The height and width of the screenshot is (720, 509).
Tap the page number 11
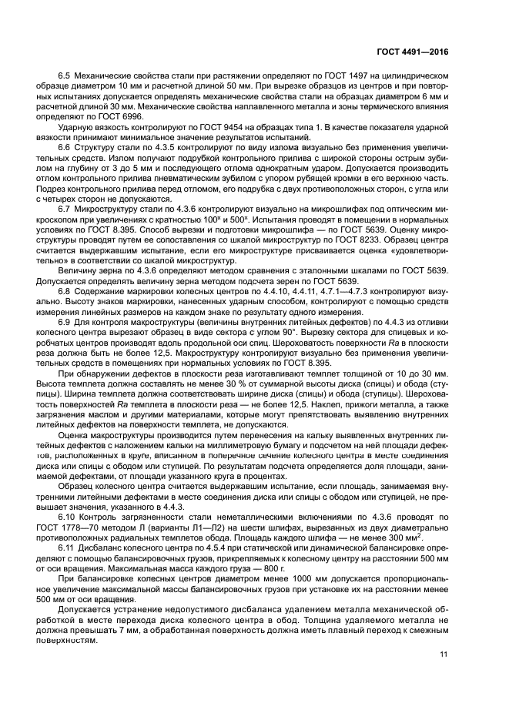444,655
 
